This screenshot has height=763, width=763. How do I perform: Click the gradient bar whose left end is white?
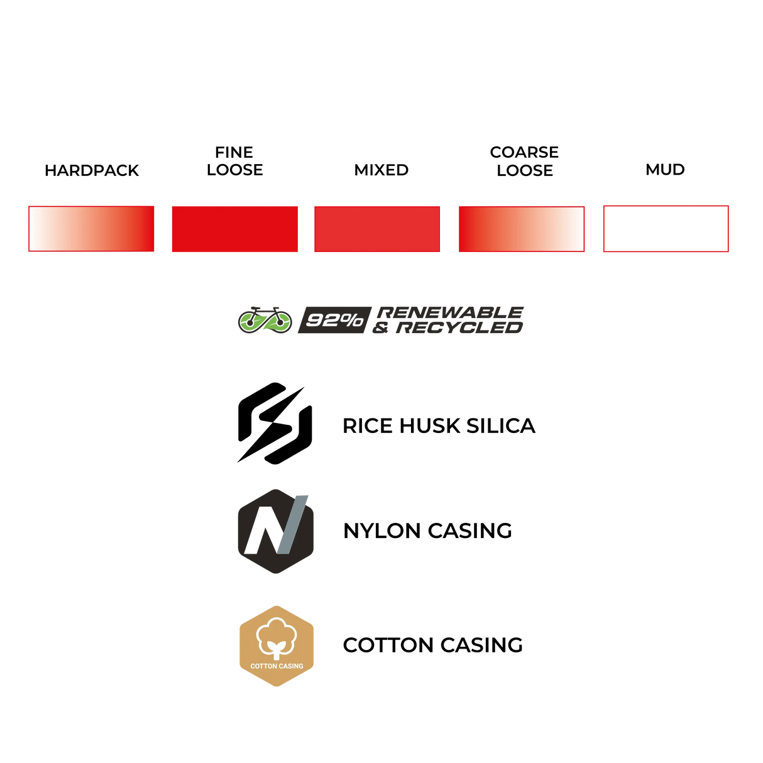tap(91, 229)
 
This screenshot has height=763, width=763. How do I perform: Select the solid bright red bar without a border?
tap(234, 229)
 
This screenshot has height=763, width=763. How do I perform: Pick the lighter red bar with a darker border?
tap(377, 229)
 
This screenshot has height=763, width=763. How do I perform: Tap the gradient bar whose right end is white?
tap(522, 229)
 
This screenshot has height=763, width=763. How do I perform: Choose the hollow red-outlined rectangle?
tap(666, 229)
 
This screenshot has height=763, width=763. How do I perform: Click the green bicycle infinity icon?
tap(265, 321)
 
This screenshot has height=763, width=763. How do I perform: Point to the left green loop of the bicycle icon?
tap(251, 322)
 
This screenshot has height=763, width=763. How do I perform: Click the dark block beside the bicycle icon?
tap(332, 320)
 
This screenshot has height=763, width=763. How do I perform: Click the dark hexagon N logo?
tap(276, 531)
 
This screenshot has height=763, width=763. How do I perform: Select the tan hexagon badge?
tap(277, 646)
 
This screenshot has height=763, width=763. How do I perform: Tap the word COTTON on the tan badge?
tap(263, 666)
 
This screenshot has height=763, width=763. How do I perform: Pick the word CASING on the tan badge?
tap(291, 666)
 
